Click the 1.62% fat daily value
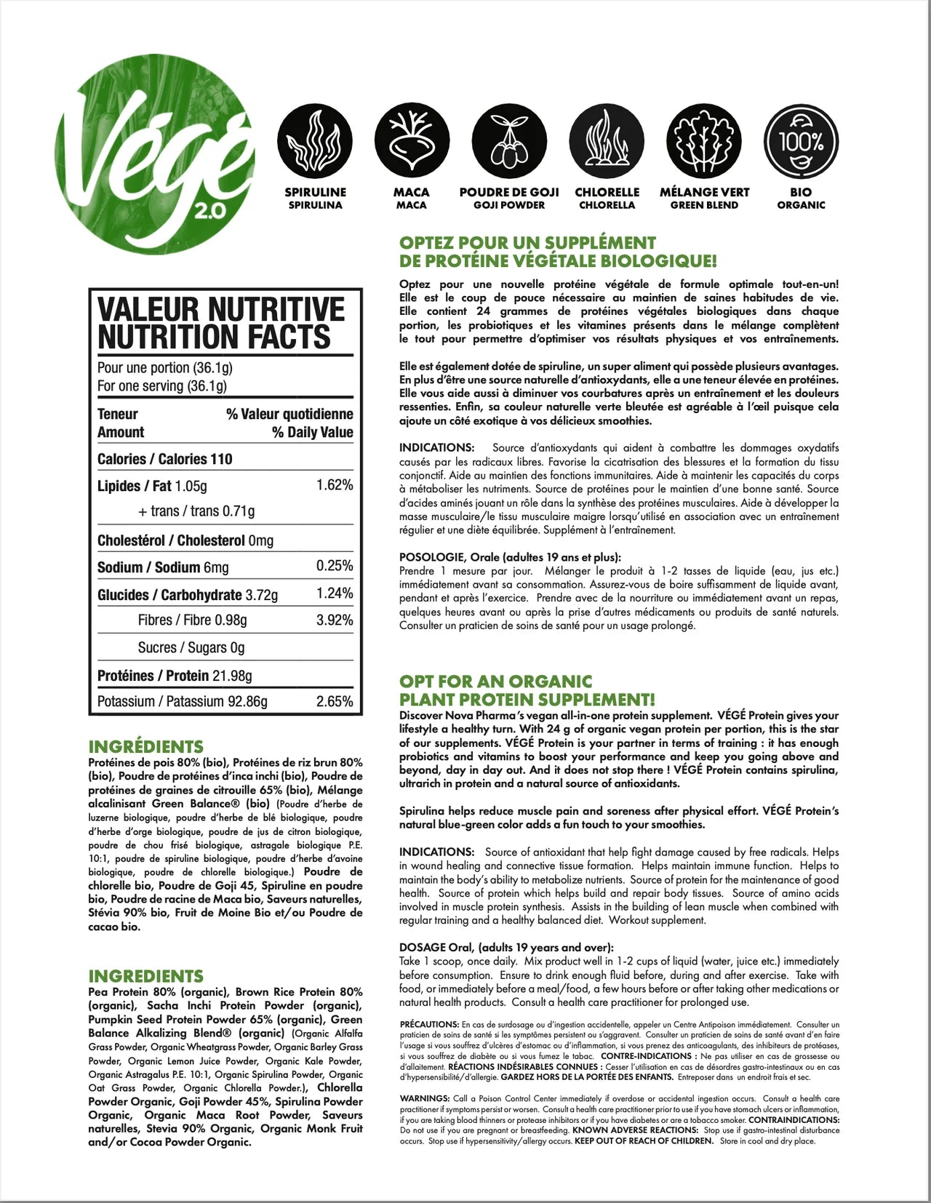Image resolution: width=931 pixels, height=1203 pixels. (x=335, y=485)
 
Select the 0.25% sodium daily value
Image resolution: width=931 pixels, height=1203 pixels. (x=335, y=566)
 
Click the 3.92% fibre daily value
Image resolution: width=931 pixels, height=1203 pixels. (x=335, y=620)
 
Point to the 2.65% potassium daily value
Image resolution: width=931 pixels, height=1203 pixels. (x=335, y=702)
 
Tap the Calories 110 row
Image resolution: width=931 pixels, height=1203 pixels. (x=165, y=459)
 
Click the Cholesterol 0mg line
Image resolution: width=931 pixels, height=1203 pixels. (x=185, y=540)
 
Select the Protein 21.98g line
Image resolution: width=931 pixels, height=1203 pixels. (x=175, y=676)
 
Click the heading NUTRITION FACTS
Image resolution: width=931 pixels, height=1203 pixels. (x=214, y=338)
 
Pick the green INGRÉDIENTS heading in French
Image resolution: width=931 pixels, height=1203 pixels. (x=146, y=747)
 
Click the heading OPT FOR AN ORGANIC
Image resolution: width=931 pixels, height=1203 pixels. (x=495, y=682)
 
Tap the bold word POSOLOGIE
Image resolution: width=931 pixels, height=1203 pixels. (x=428, y=557)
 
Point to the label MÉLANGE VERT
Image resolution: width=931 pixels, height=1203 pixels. (x=704, y=193)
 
